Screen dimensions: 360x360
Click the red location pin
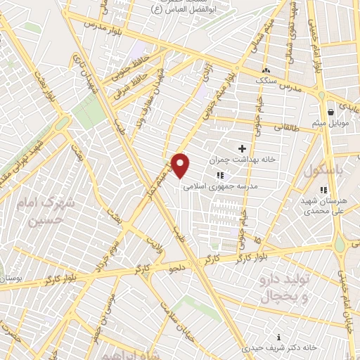point(181,165)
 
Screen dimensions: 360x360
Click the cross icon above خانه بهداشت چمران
point(243,148)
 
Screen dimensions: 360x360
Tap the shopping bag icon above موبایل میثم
point(330,112)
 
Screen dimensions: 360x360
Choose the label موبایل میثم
point(330,124)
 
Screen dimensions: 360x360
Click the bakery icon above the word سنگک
point(266,70)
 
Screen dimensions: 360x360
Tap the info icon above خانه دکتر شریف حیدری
point(280,336)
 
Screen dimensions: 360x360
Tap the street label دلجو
point(174,268)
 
